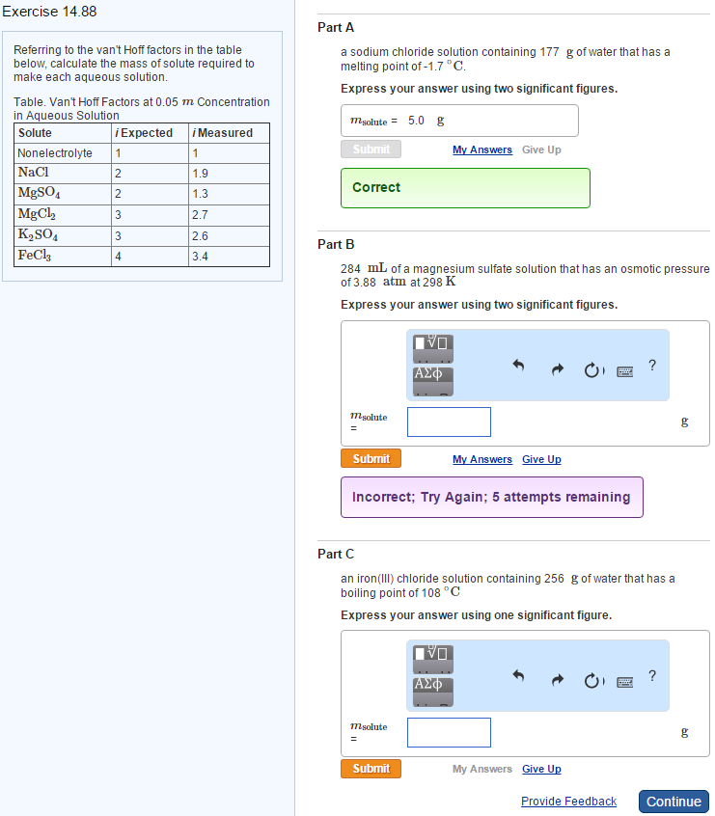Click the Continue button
point(674,802)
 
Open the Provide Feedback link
point(568,802)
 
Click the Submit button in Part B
point(371,459)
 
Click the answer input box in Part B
point(449,422)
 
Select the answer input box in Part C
point(449,732)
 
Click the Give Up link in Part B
point(541,460)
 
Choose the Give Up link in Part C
point(541,770)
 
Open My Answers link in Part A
point(481,150)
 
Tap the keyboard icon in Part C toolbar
point(624,680)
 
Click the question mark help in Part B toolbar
point(652,366)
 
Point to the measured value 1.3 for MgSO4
point(200,194)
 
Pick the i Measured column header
point(223,133)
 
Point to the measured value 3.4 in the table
point(200,258)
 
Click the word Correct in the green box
point(376,188)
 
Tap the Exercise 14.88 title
point(48,12)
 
